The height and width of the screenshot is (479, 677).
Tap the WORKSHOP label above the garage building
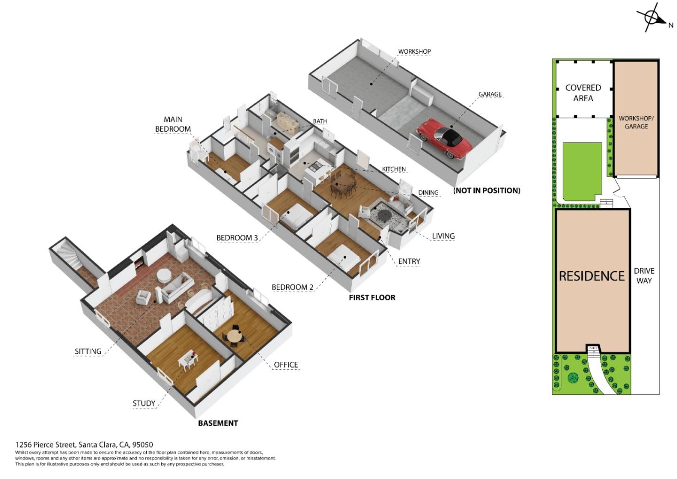[414, 52]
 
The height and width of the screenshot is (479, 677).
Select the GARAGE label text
[490, 95]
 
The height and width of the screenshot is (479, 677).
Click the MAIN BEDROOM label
[173, 124]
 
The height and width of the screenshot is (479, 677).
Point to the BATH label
[320, 121]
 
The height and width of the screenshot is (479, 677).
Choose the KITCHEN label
[394, 169]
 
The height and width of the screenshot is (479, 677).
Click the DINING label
[428, 193]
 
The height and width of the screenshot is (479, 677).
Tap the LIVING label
[443, 236]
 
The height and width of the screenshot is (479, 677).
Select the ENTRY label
[409, 262]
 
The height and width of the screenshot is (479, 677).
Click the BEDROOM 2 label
[292, 287]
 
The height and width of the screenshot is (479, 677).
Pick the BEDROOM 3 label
[237, 238]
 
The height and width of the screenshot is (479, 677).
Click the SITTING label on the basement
[88, 351]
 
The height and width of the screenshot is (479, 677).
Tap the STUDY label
[143, 404]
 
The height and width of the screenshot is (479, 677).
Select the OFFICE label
[285, 365]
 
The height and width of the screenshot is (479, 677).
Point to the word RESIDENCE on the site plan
[591, 276]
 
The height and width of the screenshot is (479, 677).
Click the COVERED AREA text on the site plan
[583, 93]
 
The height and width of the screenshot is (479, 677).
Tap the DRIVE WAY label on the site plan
[644, 276]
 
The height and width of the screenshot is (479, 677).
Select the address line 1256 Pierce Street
[84, 445]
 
